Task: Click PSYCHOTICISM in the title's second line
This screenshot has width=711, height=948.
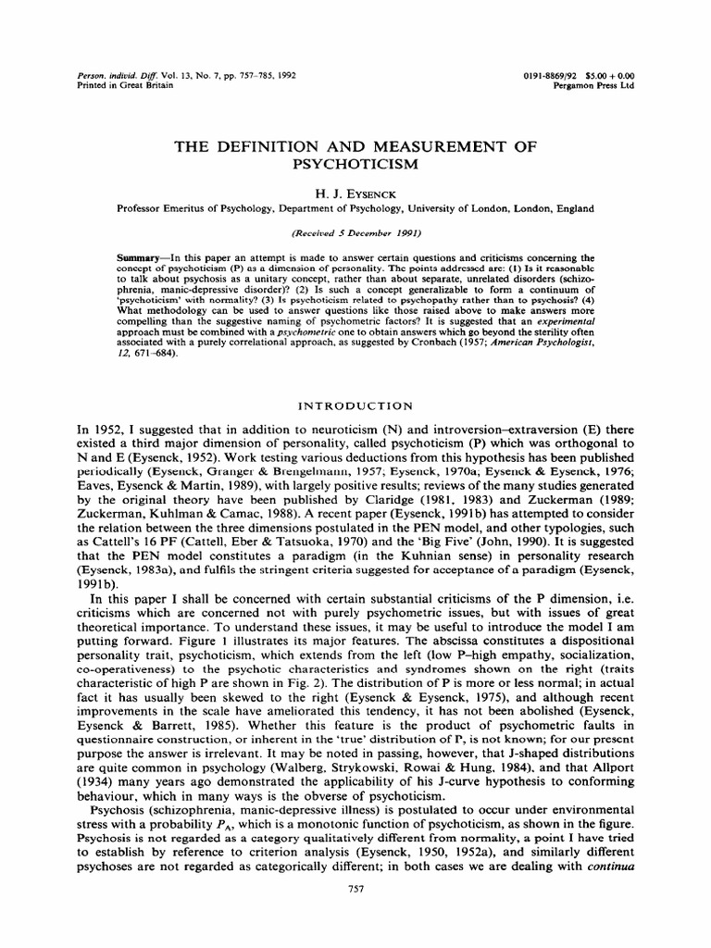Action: coord(355,164)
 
